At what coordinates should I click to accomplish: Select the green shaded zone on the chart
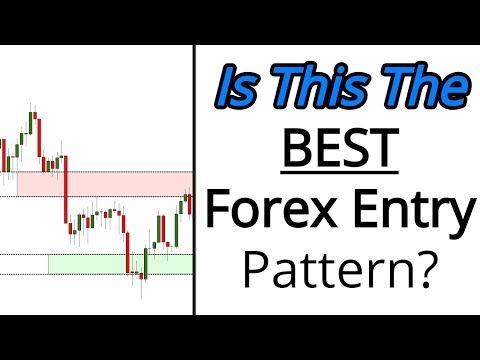click(x=120, y=264)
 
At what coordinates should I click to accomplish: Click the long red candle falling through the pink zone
click(x=65, y=195)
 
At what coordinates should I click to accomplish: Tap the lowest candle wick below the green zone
click(x=141, y=290)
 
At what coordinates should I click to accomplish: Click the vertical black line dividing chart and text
click(x=194, y=180)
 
